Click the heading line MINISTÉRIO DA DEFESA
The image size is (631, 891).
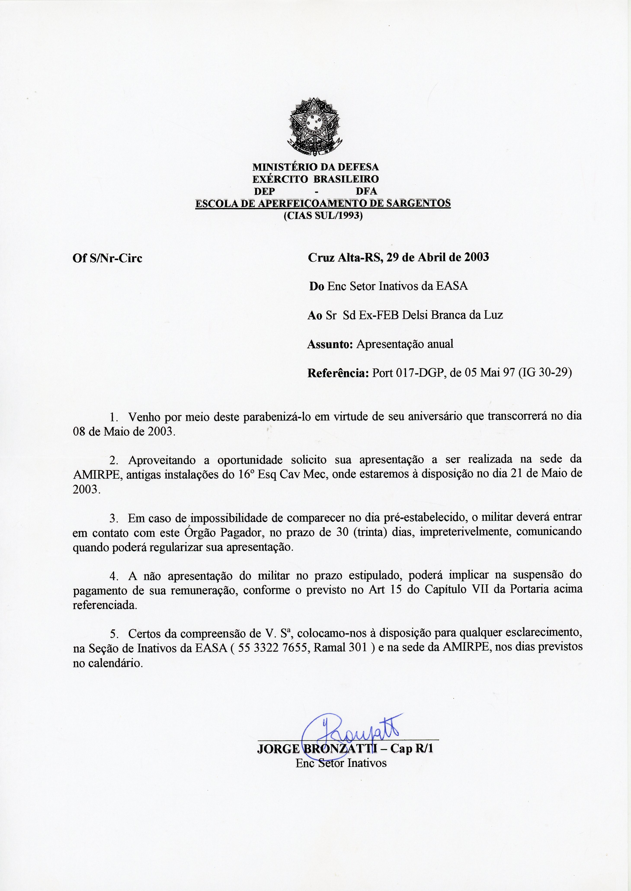[x=315, y=167]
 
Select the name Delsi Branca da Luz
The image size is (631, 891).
[x=452, y=315]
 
